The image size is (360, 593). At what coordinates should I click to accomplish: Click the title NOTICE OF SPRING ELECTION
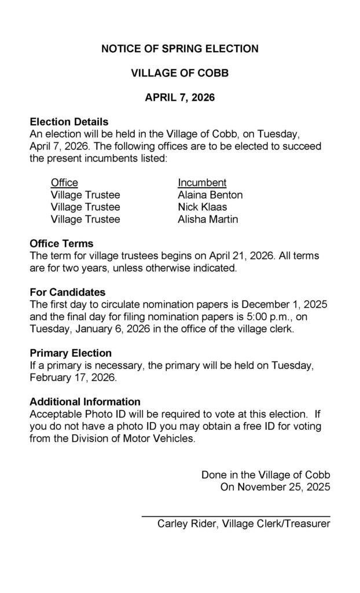(179, 49)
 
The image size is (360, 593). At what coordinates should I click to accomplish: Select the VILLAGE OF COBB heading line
(179, 74)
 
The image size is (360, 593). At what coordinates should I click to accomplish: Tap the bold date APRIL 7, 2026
(179, 98)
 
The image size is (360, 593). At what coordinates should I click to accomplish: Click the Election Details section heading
(69, 122)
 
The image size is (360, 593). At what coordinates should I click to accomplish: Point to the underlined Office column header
(64, 183)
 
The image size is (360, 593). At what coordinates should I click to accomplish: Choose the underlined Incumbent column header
(202, 183)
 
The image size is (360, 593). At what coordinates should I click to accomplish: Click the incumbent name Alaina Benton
(210, 195)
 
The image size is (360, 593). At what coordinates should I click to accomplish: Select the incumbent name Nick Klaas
(203, 207)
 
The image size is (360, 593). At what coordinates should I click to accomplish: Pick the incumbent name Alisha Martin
(208, 219)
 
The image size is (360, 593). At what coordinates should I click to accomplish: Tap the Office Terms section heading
(61, 244)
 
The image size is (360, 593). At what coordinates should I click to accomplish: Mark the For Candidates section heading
(67, 292)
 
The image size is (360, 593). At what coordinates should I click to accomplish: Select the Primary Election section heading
(71, 353)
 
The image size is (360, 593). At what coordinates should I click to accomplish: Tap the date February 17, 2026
(72, 378)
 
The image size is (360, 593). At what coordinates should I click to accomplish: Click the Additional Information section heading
(85, 402)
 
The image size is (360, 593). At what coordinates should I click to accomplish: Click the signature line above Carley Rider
(236, 515)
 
